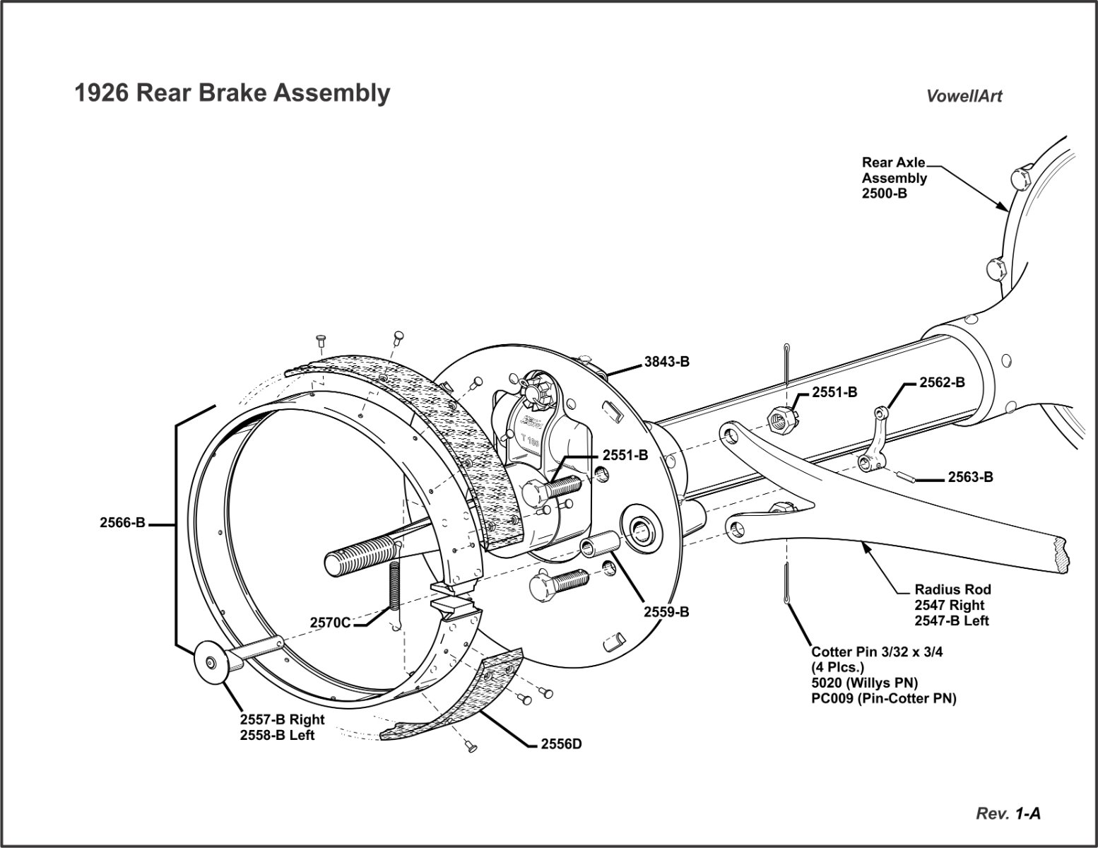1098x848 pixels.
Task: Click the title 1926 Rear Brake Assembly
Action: pos(232,93)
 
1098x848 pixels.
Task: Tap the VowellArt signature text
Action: pos(964,96)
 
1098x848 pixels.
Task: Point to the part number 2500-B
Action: pos(884,193)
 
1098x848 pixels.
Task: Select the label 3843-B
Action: pos(666,362)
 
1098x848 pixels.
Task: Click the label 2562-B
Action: pos(942,382)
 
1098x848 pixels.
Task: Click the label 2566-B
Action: pos(122,523)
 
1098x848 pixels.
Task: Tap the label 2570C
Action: pos(330,623)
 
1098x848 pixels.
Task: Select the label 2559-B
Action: pos(666,612)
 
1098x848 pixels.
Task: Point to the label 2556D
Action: pos(561,743)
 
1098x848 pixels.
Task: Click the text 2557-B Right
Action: pos(282,719)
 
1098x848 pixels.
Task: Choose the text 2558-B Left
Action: pos(277,735)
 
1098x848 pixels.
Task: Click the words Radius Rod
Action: pos(952,589)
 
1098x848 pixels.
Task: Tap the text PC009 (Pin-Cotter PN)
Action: pos(884,699)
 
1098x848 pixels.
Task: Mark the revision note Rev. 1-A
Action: pos(1008,813)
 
